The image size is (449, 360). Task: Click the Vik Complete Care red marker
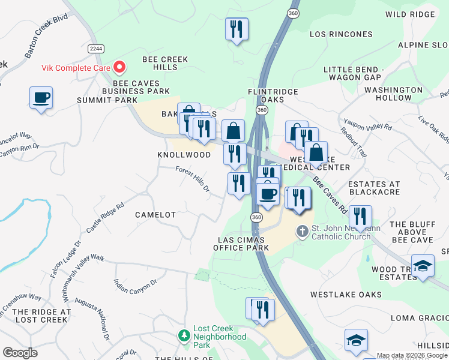pyautogui.click(x=119, y=67)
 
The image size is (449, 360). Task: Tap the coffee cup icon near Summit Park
pyautogui.click(x=41, y=97)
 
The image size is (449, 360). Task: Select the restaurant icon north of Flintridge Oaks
pyautogui.click(x=237, y=29)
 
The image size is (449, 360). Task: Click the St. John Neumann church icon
pyautogui.click(x=303, y=230)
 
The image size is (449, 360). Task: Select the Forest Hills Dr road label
pyautogui.click(x=193, y=179)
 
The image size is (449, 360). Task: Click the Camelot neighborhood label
pyautogui.click(x=155, y=214)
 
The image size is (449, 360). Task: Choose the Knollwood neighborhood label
pyautogui.click(x=184, y=155)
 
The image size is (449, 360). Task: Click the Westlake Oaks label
pyautogui.click(x=346, y=295)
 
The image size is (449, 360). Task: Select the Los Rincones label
pyautogui.click(x=341, y=34)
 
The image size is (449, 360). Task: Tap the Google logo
pyautogui.click(x=20, y=353)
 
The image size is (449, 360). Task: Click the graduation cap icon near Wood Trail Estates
pyautogui.click(x=423, y=266)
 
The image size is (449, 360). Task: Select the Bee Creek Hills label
pyautogui.click(x=165, y=63)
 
